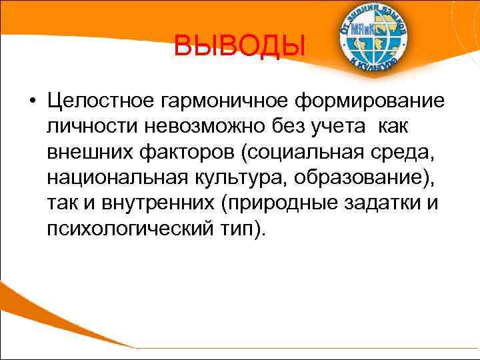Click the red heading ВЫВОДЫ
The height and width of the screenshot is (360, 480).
point(239,47)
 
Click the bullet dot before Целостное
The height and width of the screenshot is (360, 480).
point(33,102)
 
